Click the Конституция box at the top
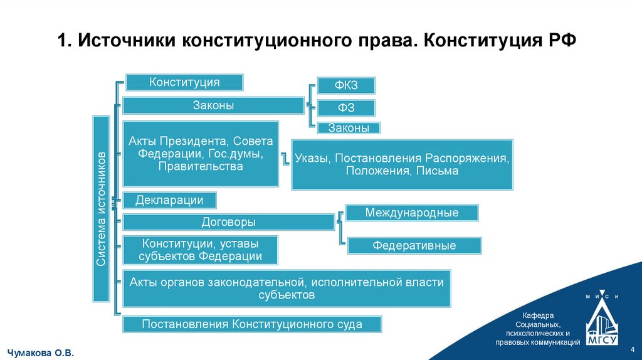[184, 82]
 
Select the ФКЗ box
[346, 86]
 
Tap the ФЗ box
[346, 108]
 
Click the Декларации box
[170, 201]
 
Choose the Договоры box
[228, 222]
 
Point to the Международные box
[412, 213]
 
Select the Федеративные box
[414, 245]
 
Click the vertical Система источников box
[102, 208]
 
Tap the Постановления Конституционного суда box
[252, 324]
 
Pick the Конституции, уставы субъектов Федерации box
[201, 250]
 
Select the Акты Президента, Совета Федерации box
[201, 154]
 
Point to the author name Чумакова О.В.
[41, 354]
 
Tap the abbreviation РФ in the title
[560, 41]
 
